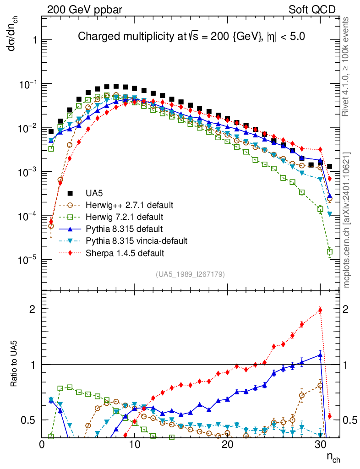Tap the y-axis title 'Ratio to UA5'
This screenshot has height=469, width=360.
tap(15, 375)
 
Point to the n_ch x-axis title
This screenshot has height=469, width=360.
tap(333, 457)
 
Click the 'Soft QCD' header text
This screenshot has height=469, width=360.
tap(312, 10)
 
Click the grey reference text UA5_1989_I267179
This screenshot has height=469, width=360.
tap(190, 274)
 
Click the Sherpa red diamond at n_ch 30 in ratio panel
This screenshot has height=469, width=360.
tap(320, 310)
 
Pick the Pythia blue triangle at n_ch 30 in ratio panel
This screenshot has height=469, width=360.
tap(320, 354)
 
